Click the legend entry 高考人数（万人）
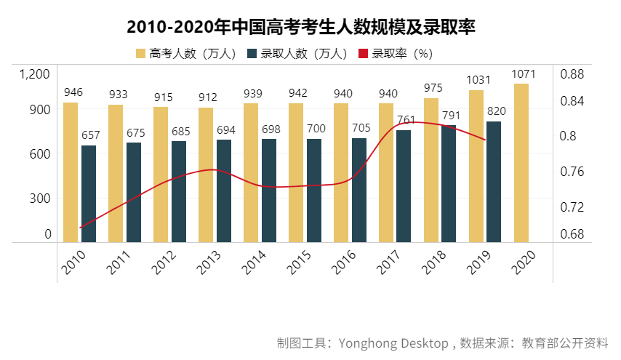pyautogui.click(x=185, y=54)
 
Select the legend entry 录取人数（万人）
pyautogui.click(x=298, y=54)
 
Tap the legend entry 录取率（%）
pyautogui.click(x=396, y=54)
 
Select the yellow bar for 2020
pyautogui.click(x=521, y=162)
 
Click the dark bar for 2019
pyautogui.click(x=494, y=181)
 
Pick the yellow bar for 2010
pyautogui.click(x=71, y=172)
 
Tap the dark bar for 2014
pyautogui.click(x=268, y=190)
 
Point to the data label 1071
pyautogui.click(x=524, y=74)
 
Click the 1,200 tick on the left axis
pyautogui.click(x=35, y=74)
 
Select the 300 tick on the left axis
pyautogui.click(x=40, y=198)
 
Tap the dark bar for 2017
pyautogui.click(x=404, y=185)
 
